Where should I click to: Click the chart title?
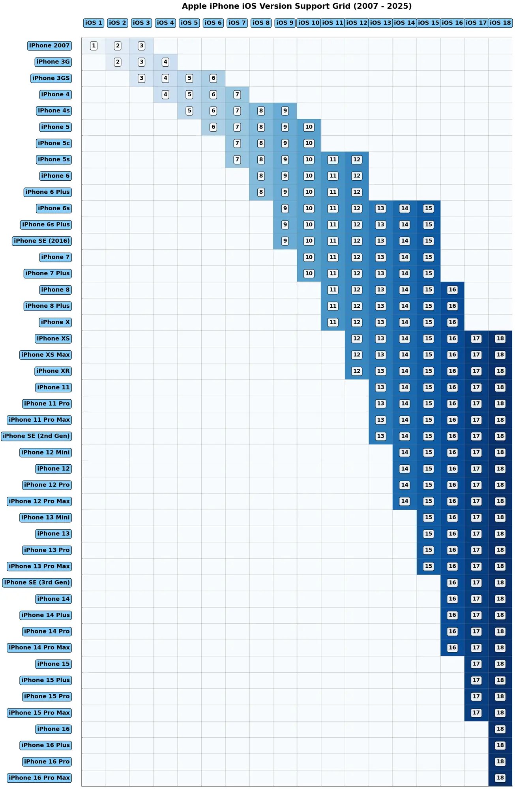296,6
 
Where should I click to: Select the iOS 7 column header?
237,23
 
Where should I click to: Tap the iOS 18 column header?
500,23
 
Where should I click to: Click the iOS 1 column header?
94,23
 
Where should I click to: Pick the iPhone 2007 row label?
49,46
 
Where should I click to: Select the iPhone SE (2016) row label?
42,241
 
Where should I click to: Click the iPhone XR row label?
53,371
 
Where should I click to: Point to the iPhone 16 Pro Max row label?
39,778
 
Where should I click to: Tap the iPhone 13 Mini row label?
45,517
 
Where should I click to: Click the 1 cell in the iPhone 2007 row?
94,46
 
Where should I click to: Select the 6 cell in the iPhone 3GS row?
213,78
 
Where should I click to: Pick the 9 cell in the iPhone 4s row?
285,111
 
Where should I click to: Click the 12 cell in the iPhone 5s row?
357,159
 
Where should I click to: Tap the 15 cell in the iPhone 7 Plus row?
428,273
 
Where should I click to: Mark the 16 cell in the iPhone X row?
452,322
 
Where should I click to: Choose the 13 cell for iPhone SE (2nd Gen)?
380,436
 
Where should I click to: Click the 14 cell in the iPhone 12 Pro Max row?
405,501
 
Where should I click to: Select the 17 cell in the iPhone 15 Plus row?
476,680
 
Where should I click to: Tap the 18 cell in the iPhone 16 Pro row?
500,761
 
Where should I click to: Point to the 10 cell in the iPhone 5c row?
309,143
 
